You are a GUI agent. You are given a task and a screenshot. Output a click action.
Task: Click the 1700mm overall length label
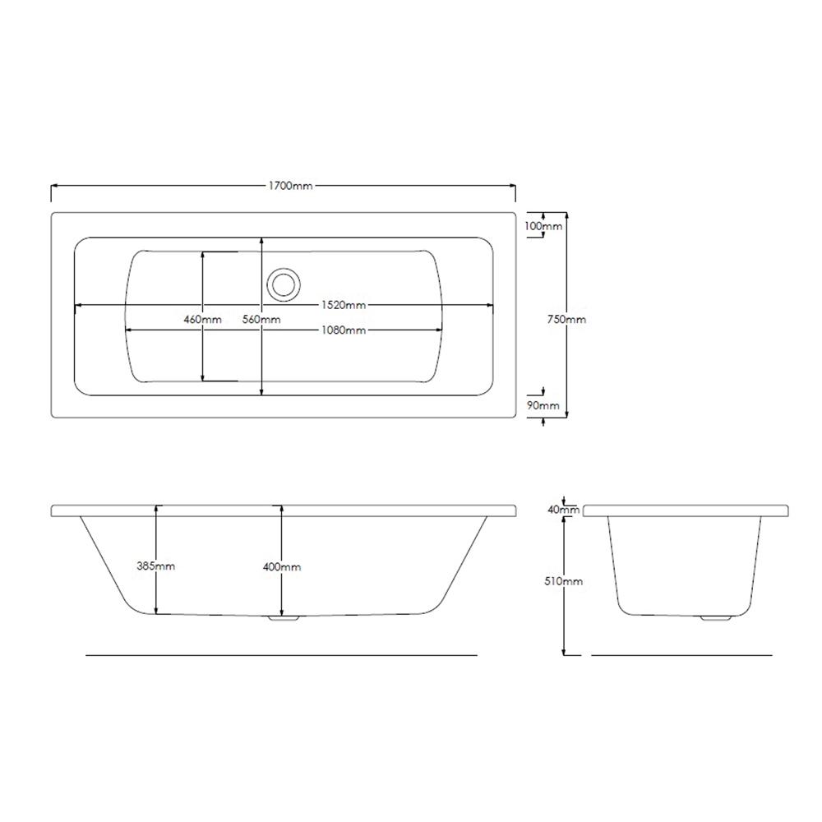tap(290, 186)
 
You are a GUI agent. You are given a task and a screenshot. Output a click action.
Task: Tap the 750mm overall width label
tap(566, 319)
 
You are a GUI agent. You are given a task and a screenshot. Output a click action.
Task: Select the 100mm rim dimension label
tap(543, 226)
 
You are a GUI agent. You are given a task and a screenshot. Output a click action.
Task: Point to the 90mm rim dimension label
tap(543, 405)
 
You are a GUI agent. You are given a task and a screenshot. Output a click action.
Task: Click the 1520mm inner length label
tap(344, 305)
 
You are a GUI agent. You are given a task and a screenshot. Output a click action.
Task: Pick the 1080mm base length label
tap(344, 330)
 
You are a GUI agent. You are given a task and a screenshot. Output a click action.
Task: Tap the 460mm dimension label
tap(203, 319)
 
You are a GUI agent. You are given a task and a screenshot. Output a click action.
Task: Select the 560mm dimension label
tap(261, 319)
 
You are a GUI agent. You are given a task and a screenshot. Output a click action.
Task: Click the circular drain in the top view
tap(284, 284)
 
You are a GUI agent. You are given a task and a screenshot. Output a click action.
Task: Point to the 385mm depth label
tap(155, 566)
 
